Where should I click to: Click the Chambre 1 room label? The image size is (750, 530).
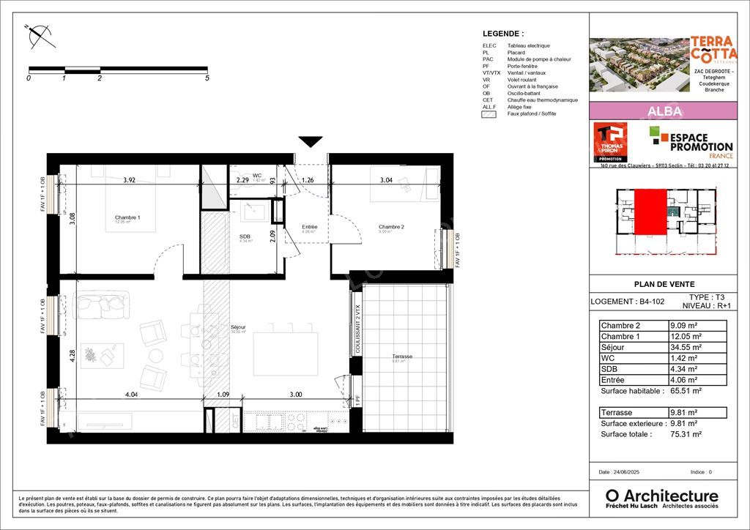click(127, 217)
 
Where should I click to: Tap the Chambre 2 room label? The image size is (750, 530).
click(391, 227)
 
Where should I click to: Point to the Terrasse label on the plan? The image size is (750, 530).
click(401, 357)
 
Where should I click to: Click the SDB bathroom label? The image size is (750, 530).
click(245, 236)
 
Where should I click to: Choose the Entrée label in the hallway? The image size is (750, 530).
click(310, 227)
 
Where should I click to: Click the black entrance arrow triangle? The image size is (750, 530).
click(311, 141)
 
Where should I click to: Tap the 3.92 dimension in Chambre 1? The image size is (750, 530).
click(130, 179)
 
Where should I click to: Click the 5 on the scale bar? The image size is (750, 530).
click(207, 78)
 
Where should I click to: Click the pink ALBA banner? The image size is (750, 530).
click(664, 111)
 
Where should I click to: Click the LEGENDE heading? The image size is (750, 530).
click(502, 34)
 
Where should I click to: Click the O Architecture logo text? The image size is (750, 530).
click(661, 496)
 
